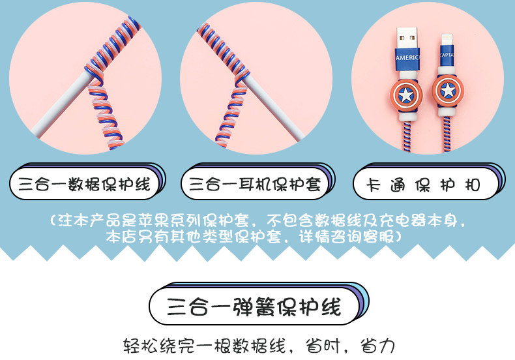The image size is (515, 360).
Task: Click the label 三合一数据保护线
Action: click(85, 185)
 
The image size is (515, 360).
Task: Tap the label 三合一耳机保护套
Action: click(255, 185)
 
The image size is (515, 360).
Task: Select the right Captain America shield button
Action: click(448, 89)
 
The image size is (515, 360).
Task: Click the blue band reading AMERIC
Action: click(407, 57)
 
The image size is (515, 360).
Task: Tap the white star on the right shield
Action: click(448, 89)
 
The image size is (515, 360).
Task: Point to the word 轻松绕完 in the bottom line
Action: click(155, 346)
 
